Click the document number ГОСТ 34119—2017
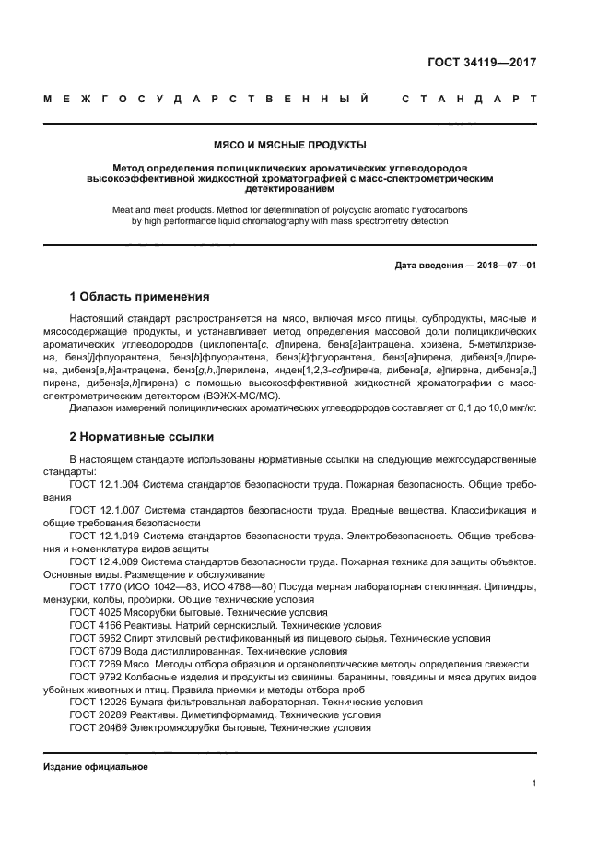coord(482,64)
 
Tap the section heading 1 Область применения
coord(139,297)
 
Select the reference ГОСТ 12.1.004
coord(104,484)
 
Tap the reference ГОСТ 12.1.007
coord(104,510)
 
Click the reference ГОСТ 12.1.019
coord(104,536)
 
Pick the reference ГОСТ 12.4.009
coord(104,561)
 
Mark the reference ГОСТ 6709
coord(92,650)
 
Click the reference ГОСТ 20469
coord(96,727)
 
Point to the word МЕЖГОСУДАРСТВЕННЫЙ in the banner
coord(207,98)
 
